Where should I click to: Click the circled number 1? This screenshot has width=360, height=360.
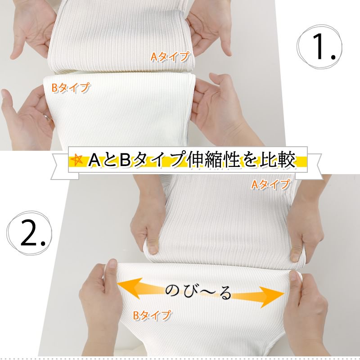click(x=319, y=47)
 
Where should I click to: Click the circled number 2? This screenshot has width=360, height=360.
click(x=30, y=233)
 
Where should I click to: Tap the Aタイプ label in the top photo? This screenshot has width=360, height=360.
click(x=171, y=57)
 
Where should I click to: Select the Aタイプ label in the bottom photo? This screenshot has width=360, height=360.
click(x=271, y=184)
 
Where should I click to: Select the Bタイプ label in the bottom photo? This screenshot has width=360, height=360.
click(x=153, y=315)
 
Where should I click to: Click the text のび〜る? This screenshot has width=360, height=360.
click(x=198, y=292)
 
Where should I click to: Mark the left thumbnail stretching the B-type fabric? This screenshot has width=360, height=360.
click(x=113, y=263)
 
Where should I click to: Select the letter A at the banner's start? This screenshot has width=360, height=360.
click(x=94, y=160)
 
